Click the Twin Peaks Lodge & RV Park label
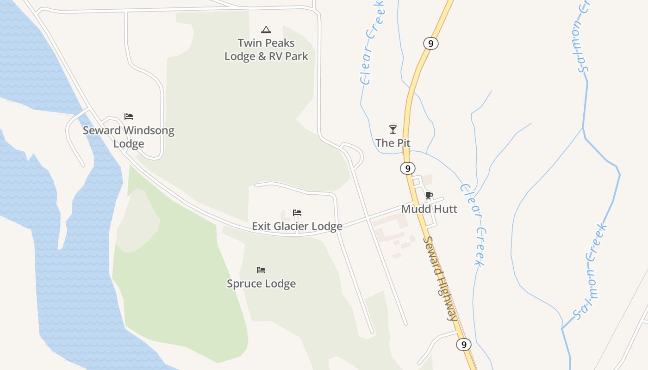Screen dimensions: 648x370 [x=266, y=49]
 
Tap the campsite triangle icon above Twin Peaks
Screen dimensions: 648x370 [x=266, y=30]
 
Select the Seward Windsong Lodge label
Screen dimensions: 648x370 [x=129, y=137]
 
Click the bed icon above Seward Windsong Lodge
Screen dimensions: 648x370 [x=129, y=117]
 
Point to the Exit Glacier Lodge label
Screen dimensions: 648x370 [x=297, y=226]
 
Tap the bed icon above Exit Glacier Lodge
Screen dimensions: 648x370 [x=297, y=213]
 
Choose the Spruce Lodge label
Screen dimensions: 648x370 [x=261, y=284]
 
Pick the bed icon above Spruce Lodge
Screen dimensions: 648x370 [x=261, y=270]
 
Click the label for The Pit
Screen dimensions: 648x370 [x=393, y=143]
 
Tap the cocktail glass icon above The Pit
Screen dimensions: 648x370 [x=393, y=129]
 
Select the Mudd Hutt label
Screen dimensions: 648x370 [x=429, y=209]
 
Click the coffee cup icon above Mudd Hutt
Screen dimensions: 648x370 [x=429, y=195]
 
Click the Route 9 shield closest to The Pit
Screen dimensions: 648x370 [x=408, y=168]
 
